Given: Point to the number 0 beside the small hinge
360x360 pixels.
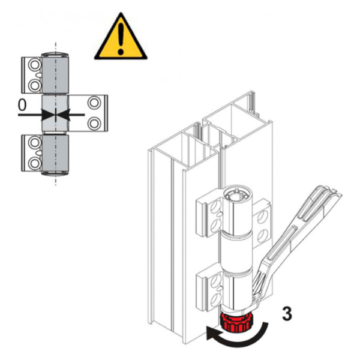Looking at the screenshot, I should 22,104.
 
